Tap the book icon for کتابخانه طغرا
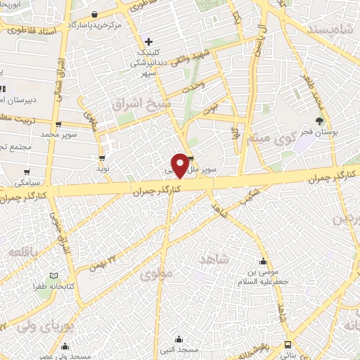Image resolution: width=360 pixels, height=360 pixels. [54, 276]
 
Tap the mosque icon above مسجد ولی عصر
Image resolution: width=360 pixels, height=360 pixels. [65, 345]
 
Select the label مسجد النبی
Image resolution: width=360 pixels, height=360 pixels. [179, 349]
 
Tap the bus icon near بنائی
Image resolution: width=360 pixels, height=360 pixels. [288, 345]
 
